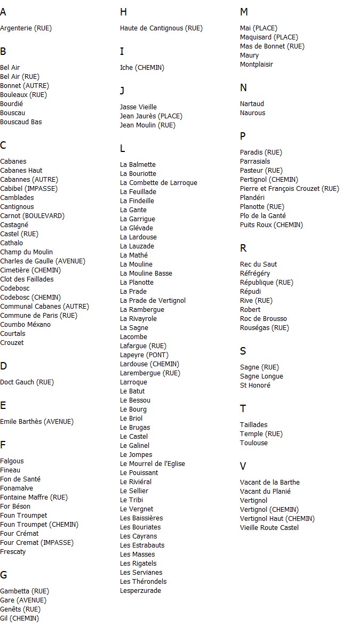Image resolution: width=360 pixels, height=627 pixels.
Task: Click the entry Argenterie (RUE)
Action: (x=26, y=28)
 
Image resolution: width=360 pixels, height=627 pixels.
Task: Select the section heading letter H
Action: (x=123, y=12)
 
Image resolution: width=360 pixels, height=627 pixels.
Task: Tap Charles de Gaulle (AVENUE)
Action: (x=42, y=261)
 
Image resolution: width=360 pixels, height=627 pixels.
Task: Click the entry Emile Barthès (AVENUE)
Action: (x=36, y=422)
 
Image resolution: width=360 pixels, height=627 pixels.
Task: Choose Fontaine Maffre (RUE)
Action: (x=34, y=497)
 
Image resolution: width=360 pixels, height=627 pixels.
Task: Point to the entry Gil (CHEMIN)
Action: (x=19, y=618)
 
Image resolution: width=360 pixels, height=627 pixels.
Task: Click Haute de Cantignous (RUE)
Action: (x=161, y=28)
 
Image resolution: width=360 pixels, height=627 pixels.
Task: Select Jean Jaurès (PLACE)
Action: (x=151, y=116)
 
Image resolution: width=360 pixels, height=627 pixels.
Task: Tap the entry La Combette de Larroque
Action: (x=158, y=183)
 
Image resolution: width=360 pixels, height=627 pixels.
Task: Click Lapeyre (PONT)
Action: (x=144, y=355)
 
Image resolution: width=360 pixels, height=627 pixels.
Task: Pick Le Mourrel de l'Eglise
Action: (x=153, y=464)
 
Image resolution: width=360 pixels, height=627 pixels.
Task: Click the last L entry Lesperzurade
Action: (x=140, y=591)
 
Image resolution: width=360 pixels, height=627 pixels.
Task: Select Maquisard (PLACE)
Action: (x=269, y=37)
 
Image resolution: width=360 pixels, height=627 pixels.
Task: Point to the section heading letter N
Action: (x=243, y=88)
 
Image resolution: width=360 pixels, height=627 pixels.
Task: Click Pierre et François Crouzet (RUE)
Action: (x=289, y=189)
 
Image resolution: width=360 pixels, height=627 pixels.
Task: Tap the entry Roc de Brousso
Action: (x=263, y=319)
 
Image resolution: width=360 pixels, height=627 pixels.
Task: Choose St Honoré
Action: (x=255, y=385)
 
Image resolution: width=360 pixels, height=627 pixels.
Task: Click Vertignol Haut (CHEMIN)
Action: (x=277, y=519)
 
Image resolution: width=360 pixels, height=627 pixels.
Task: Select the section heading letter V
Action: (x=243, y=467)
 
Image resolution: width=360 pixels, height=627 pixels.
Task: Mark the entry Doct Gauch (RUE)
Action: (x=27, y=382)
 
